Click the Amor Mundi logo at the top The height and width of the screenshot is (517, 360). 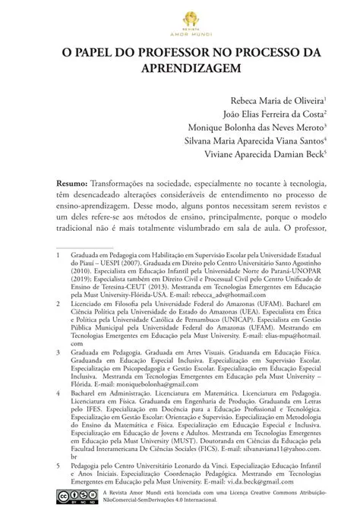coord(180,24)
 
